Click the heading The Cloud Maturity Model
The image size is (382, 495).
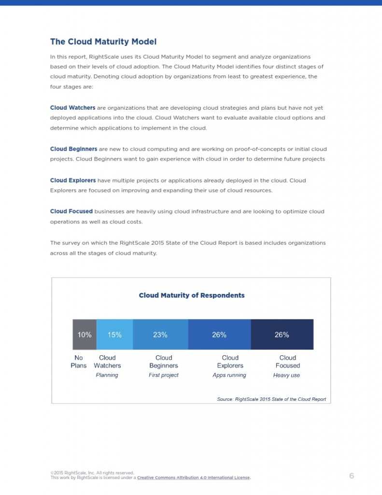[103, 42]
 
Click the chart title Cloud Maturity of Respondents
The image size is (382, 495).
[192, 295]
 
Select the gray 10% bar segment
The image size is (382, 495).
[85, 335]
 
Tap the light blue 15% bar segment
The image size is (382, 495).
[114, 335]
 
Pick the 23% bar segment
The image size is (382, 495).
[160, 335]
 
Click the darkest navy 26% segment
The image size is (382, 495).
[282, 335]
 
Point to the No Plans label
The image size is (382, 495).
[79, 362]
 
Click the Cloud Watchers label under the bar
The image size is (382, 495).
[107, 362]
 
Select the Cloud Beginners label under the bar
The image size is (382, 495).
[164, 362]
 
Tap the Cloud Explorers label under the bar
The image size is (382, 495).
[230, 362]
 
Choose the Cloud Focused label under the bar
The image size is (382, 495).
[288, 362]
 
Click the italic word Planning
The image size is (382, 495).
[107, 375]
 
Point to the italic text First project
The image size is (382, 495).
[164, 375]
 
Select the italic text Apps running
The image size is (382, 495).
[229, 375]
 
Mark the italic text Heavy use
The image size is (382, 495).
[286, 375]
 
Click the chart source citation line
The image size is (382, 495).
[271, 399]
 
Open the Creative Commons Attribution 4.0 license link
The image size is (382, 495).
[194, 478]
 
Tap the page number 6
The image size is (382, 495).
[352, 476]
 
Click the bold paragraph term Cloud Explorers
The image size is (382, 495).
[73, 180]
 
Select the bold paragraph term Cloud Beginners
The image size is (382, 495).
[73, 149]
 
